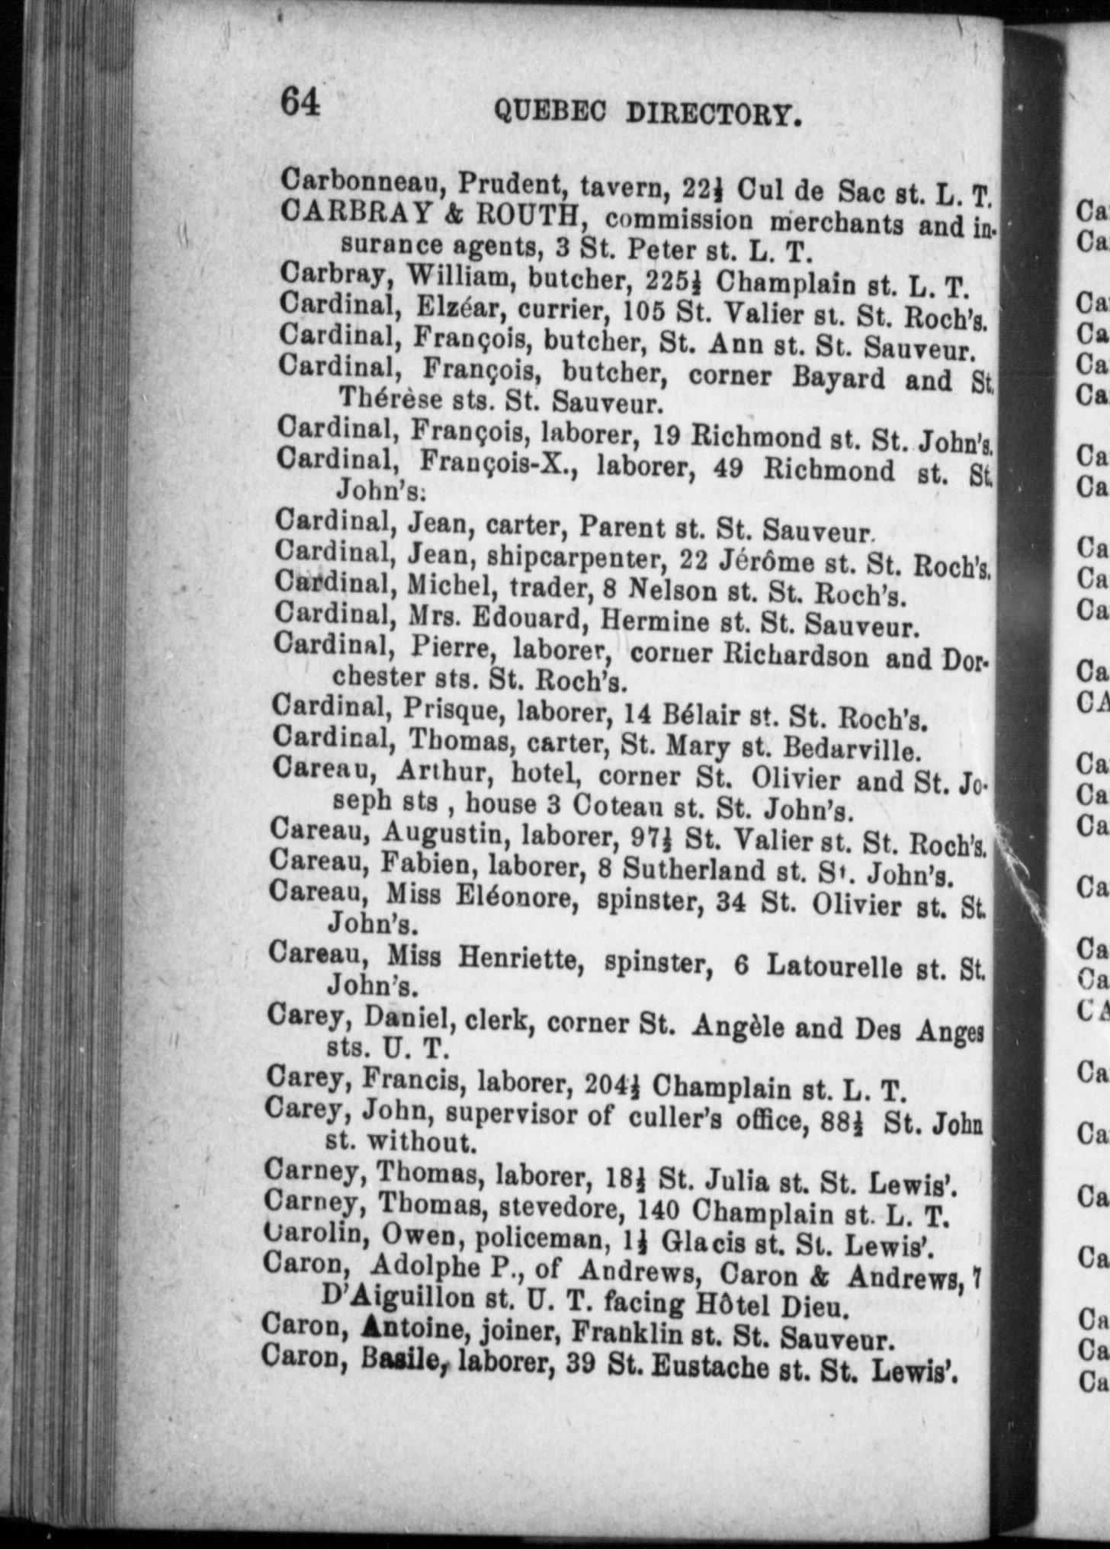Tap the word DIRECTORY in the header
point(714,115)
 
